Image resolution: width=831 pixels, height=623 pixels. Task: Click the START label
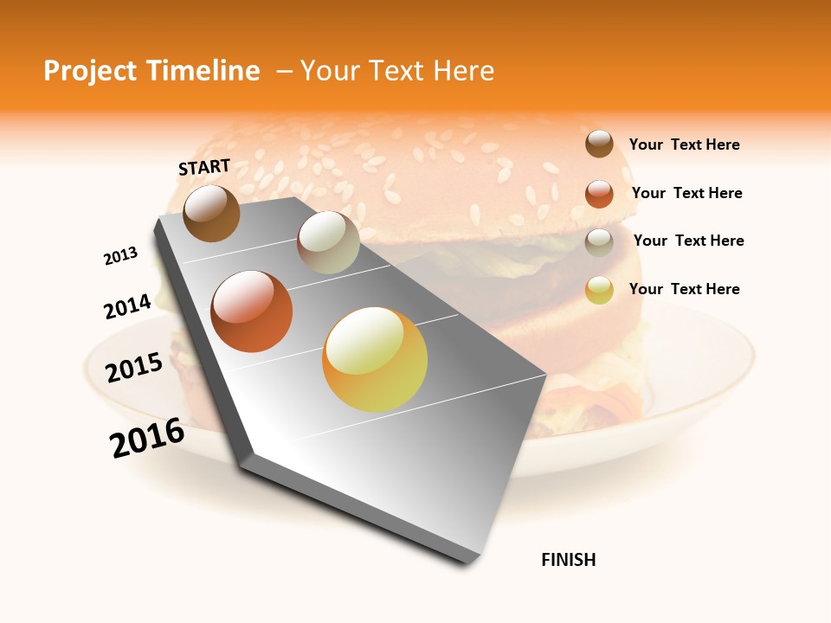204,167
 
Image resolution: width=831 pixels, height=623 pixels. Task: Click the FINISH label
569,560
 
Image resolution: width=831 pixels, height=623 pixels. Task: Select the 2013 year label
120,256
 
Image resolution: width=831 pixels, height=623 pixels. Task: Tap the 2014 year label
127,306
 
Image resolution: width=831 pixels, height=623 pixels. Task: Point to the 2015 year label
134,368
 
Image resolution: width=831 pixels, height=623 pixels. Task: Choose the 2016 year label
147,438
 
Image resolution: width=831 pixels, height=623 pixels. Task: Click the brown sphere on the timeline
211,213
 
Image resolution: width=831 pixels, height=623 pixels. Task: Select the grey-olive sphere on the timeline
328,242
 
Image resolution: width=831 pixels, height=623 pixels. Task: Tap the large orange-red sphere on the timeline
252,311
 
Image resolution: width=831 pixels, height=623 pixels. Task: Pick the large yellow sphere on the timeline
375,359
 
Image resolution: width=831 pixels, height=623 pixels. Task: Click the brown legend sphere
599,144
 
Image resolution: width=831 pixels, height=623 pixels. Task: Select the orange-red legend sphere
599,193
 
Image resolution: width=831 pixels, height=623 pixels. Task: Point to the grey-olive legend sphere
599,241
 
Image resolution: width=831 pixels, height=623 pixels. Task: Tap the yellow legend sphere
599,290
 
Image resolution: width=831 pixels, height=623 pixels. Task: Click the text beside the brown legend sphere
684,145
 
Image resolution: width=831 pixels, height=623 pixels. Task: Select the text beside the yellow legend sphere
684,289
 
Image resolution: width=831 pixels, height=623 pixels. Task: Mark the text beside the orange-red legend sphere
686,193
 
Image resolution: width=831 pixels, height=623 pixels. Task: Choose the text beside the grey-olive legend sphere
688,241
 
